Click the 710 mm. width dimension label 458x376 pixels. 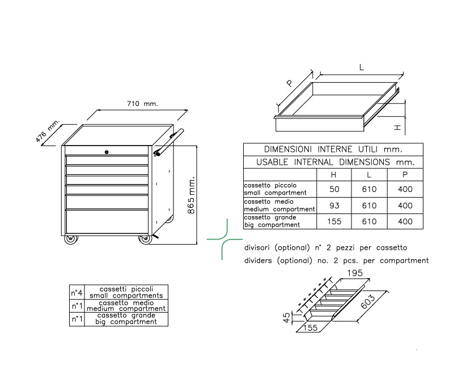[142, 104]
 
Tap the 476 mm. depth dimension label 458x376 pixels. [47, 130]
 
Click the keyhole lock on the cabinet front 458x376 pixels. [107, 152]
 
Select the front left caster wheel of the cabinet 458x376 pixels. [71, 239]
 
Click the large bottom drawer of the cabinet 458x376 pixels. [107, 221]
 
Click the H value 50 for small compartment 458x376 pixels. [334, 189]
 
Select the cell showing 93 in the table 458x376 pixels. [334, 206]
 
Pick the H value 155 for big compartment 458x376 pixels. [334, 221]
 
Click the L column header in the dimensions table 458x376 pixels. [369, 175]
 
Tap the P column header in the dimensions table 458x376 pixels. [405, 174]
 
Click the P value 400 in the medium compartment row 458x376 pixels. [405, 206]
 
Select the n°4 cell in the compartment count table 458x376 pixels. [77, 293]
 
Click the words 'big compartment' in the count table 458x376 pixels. [126, 322]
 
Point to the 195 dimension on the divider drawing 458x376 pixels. [355, 273]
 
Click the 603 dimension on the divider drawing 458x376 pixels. [368, 302]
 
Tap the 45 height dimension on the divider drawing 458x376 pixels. [287, 318]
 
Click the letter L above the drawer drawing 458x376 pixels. [362, 68]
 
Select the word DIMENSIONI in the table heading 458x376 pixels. [287, 149]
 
